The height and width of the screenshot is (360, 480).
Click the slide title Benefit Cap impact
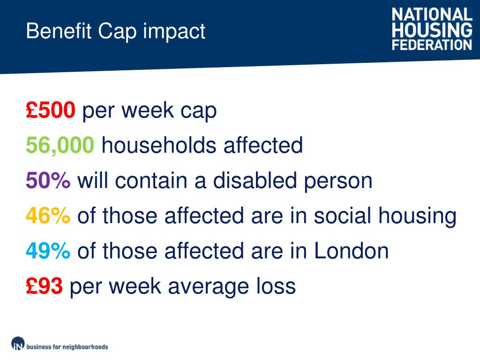[x=115, y=31]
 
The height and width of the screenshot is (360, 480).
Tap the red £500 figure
[x=50, y=111]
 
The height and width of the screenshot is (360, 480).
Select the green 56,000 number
[x=60, y=146]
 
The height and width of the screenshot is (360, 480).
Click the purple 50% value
[x=48, y=181]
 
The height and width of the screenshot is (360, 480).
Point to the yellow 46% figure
[x=48, y=216]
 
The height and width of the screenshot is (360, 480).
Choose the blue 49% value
[x=48, y=251]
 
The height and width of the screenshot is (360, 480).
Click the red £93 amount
[x=45, y=286]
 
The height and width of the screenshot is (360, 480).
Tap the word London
[x=351, y=251]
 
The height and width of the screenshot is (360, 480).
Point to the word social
[x=343, y=216]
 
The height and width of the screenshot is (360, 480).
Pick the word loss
[x=279, y=286]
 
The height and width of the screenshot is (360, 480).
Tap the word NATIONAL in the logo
[x=432, y=14]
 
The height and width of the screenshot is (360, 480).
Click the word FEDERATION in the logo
[x=432, y=45]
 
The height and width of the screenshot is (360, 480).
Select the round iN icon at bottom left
[x=18, y=344]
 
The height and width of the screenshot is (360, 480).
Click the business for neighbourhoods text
[x=67, y=347]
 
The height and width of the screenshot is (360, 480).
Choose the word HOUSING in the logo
[x=432, y=30]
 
